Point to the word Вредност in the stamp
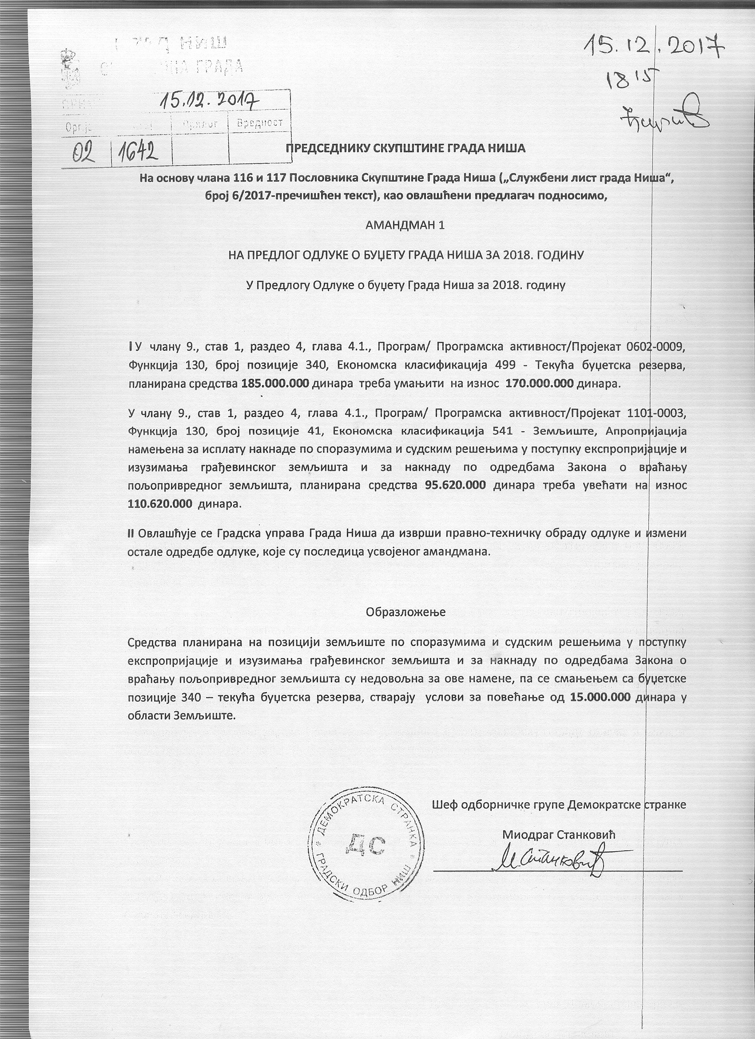(260, 123)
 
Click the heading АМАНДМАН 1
(405, 225)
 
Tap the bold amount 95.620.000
(455, 485)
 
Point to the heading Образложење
(405, 612)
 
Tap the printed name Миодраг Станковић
(558, 834)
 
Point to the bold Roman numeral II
(131, 533)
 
